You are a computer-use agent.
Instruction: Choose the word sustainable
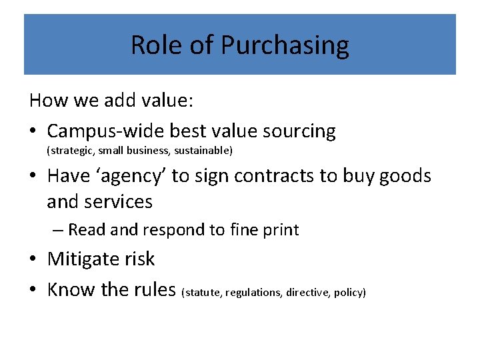tap(203, 151)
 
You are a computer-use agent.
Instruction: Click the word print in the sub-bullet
tap(281, 230)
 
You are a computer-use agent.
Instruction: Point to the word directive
tap(308, 293)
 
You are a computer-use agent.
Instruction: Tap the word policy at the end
tap(349, 293)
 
